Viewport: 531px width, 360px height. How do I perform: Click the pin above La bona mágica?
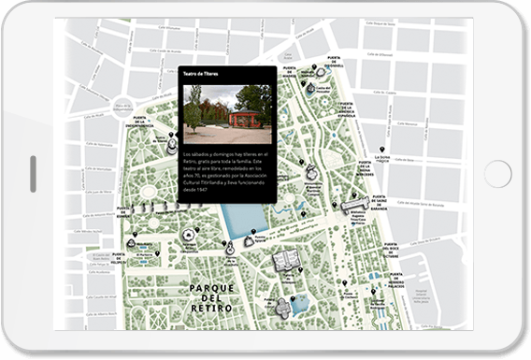pos(382,150)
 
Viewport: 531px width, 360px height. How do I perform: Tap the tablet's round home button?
pos(497,174)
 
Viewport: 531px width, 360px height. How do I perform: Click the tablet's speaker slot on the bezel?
pos(34,175)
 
